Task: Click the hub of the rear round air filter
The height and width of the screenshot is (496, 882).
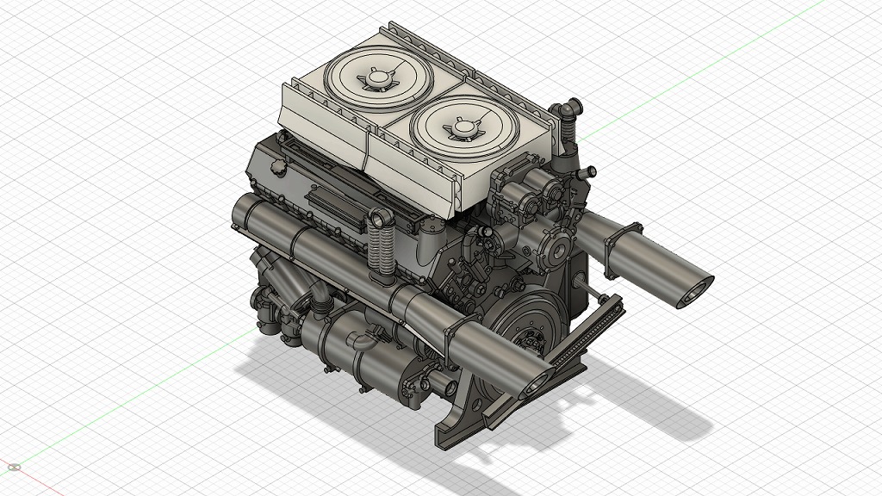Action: point(376,80)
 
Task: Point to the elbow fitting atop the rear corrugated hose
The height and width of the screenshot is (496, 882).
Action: point(568,111)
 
